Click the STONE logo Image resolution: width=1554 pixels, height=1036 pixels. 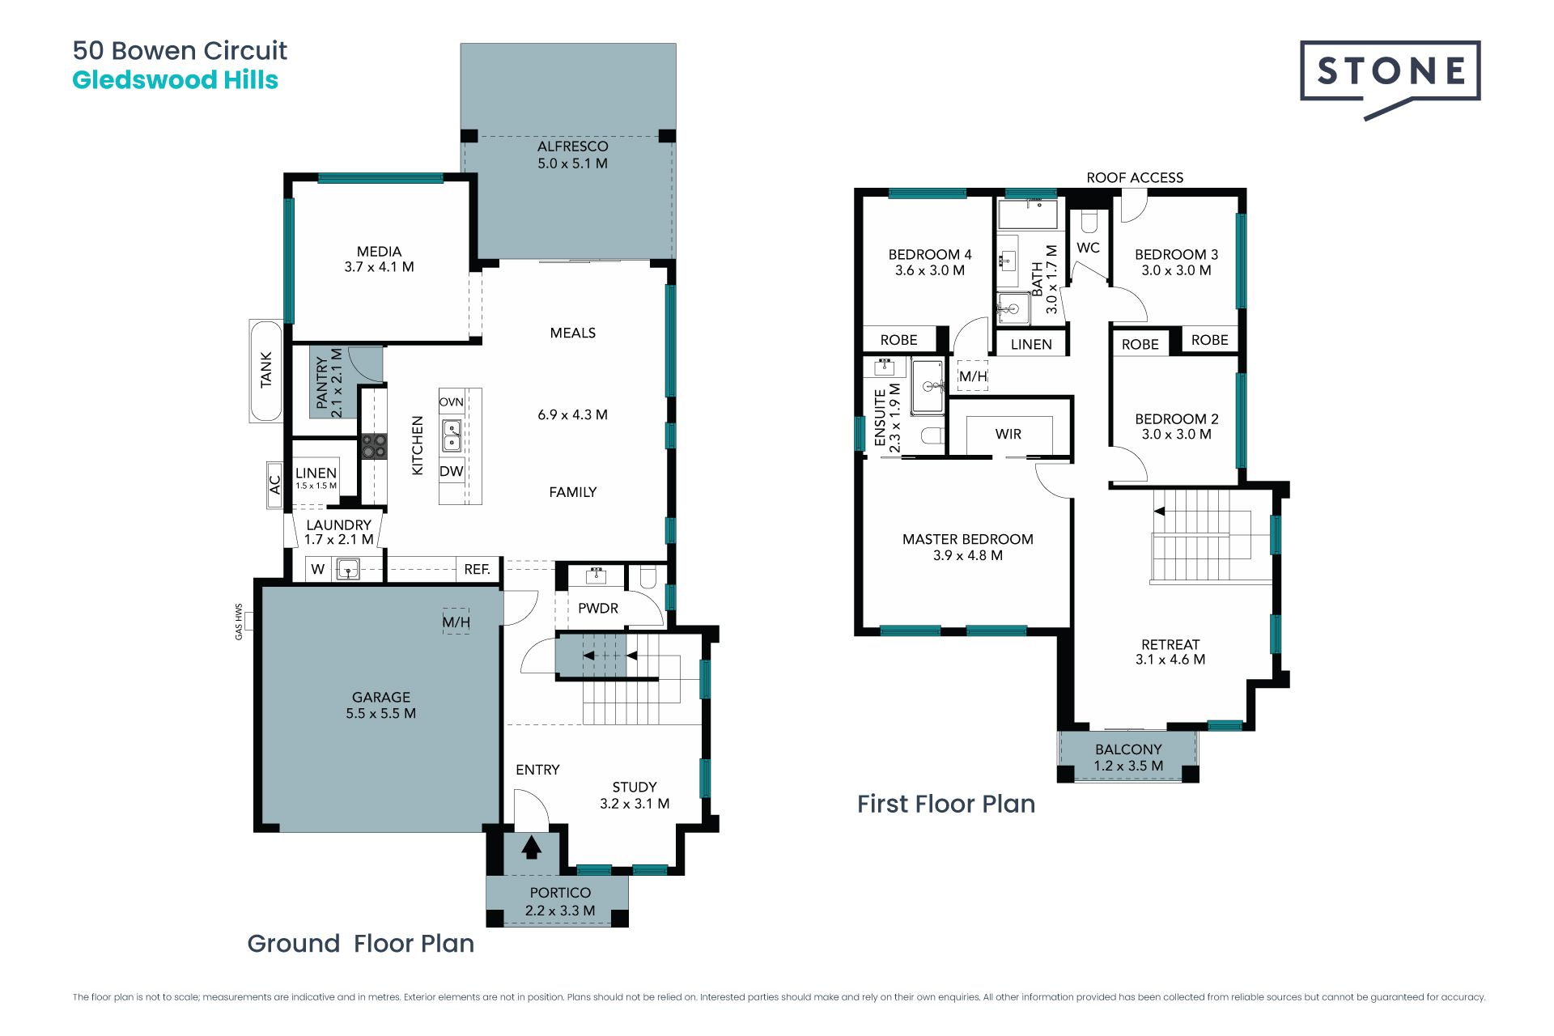click(1391, 79)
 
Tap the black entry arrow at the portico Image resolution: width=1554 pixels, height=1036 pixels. click(531, 847)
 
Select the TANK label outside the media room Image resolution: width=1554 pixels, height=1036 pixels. click(266, 370)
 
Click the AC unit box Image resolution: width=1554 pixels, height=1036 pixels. click(274, 485)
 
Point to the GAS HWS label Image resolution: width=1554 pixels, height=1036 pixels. click(239, 622)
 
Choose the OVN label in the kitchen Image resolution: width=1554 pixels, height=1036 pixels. click(452, 402)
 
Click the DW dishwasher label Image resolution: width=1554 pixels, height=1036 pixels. click(452, 471)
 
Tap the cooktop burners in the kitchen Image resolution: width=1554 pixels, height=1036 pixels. click(374, 447)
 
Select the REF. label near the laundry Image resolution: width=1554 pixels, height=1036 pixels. click(478, 570)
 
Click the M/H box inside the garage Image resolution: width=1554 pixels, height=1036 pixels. click(456, 622)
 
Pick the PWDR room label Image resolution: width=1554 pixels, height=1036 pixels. click(598, 609)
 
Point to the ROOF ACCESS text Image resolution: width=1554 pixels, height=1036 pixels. click(1135, 177)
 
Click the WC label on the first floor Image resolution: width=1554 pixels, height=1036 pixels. click(1089, 248)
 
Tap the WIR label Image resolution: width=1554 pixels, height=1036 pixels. click(1008, 435)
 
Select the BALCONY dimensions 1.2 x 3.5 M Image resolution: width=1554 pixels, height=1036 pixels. click(1128, 766)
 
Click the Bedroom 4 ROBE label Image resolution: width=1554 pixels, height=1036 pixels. click(899, 340)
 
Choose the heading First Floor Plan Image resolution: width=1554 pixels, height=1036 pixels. click(946, 804)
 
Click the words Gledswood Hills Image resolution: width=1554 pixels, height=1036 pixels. click(176, 80)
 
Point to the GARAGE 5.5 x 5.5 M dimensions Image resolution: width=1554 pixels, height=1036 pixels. click(381, 714)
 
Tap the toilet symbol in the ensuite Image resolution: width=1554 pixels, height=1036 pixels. click(933, 436)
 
